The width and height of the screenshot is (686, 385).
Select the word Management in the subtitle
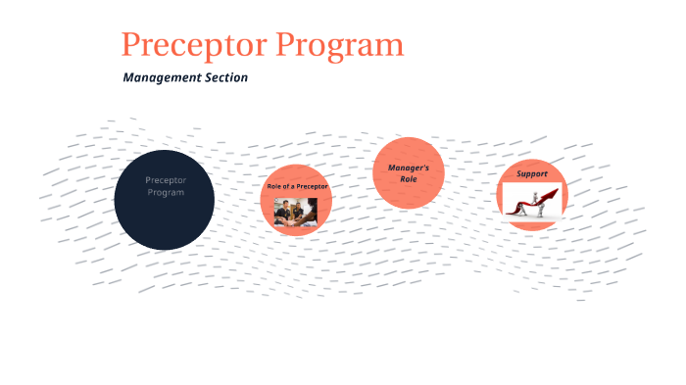(x=161, y=77)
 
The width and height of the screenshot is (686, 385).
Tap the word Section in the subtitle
(x=226, y=77)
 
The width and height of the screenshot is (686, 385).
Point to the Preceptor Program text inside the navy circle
(x=165, y=186)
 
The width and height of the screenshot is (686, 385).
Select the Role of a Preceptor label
(x=297, y=186)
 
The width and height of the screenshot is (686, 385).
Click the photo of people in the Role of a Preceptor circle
(x=296, y=212)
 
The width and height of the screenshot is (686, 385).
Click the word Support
(x=532, y=174)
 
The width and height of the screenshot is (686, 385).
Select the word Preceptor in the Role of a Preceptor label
(x=310, y=186)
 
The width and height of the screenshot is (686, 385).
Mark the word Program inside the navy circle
(x=165, y=192)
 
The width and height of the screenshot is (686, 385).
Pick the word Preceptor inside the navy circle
(x=165, y=180)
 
